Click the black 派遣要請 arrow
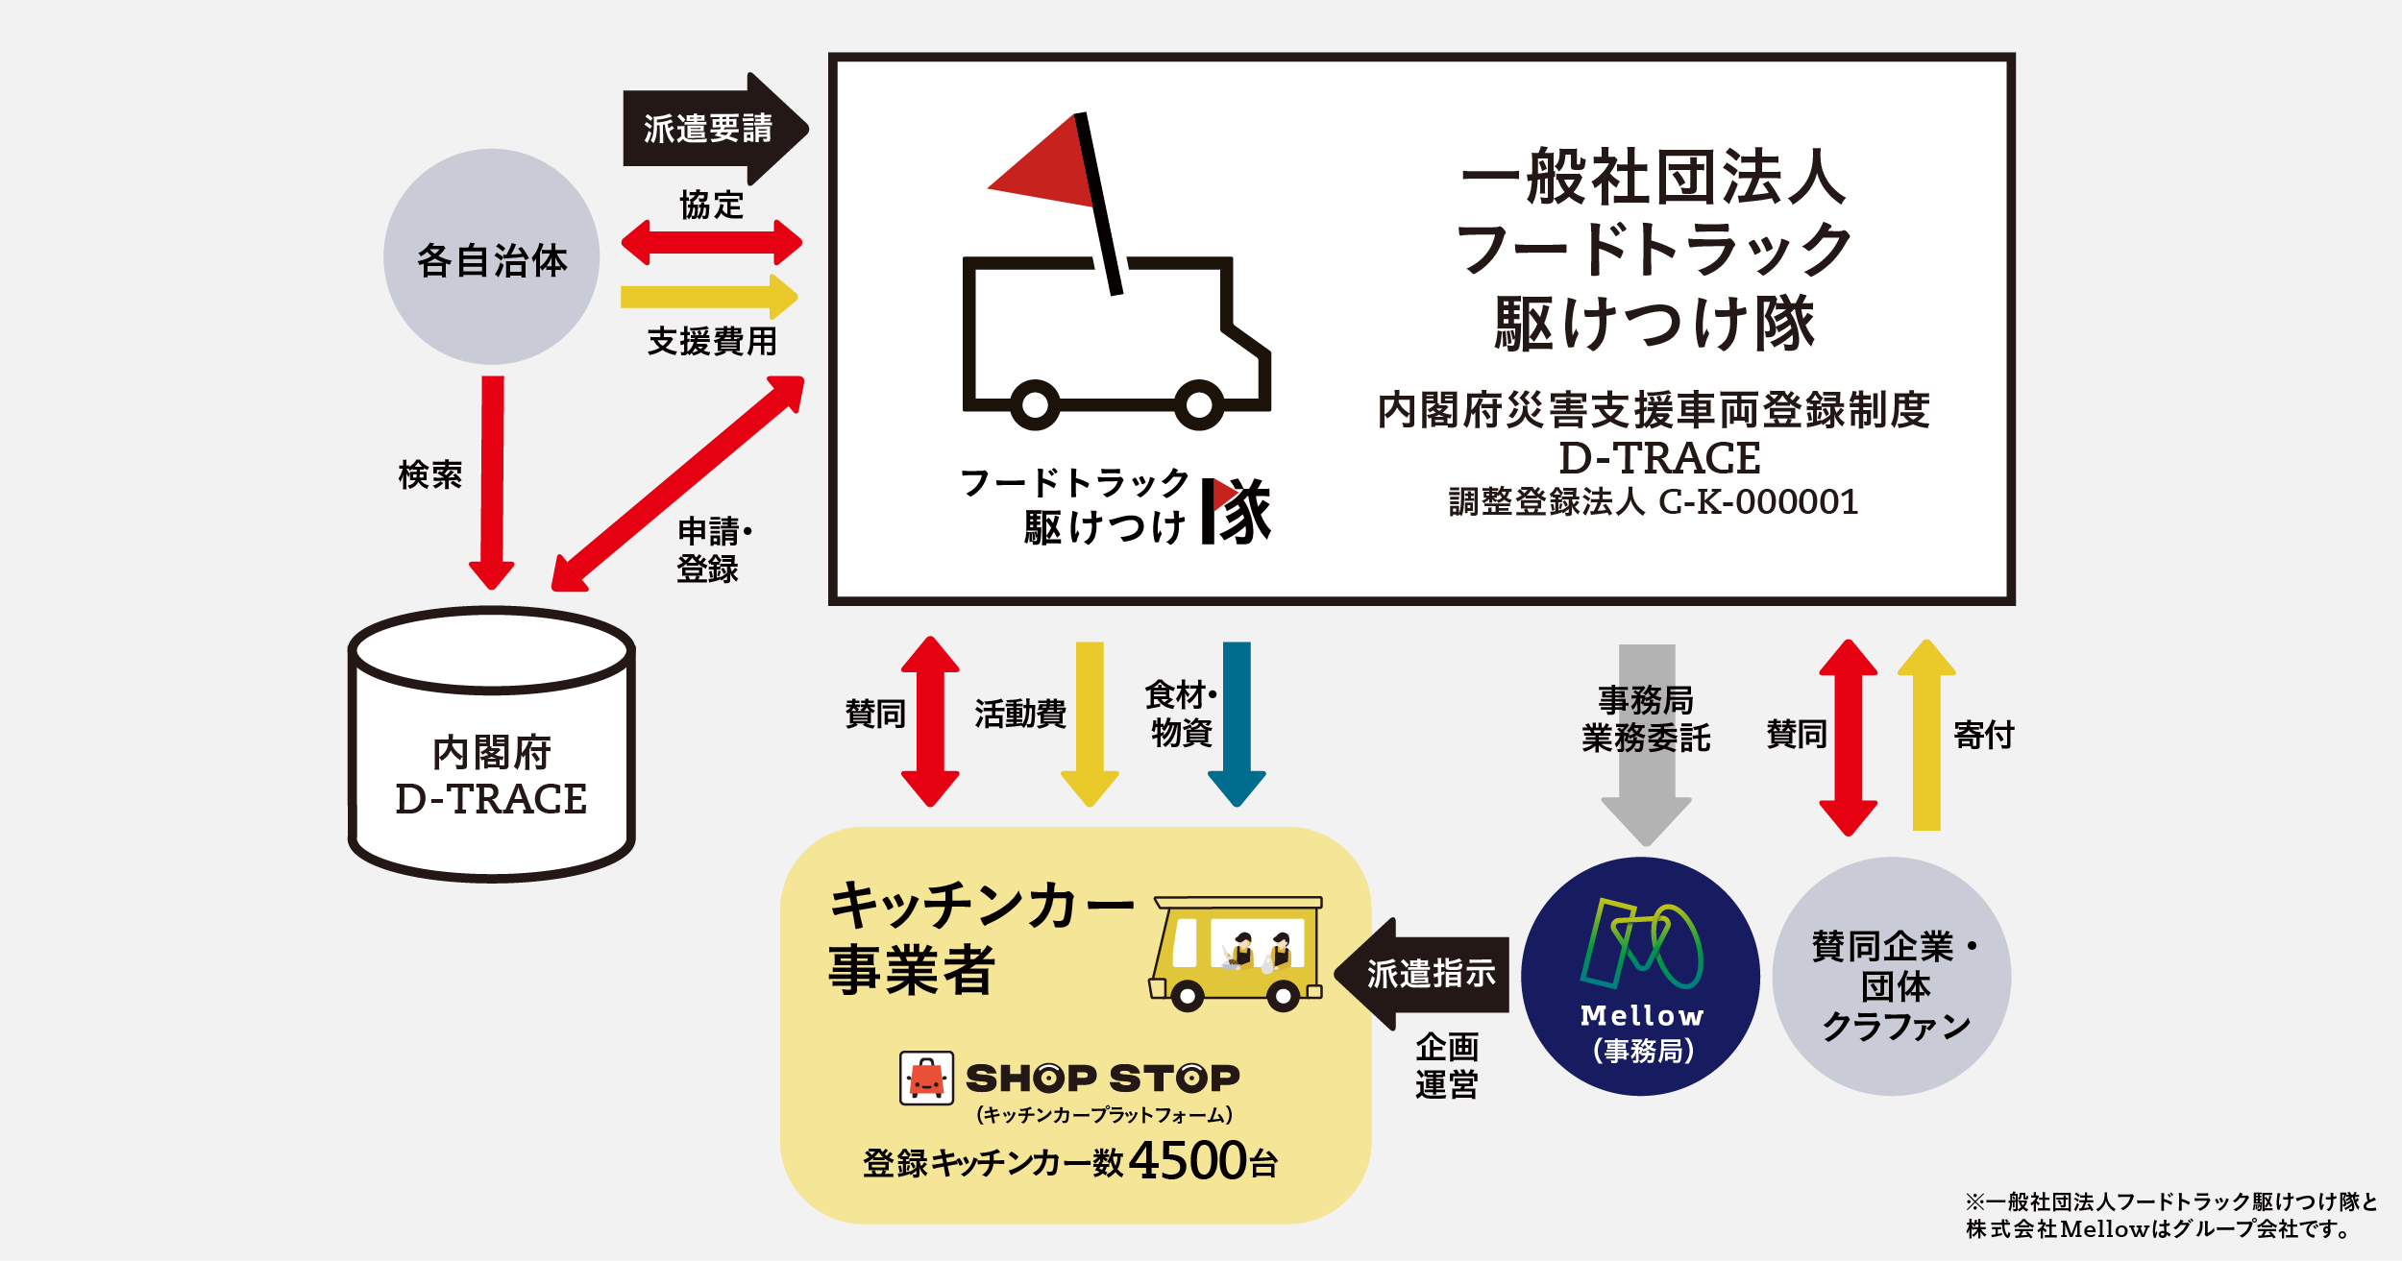click(715, 129)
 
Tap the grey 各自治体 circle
click(492, 256)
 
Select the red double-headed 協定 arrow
click(712, 242)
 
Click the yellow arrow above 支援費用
click(709, 297)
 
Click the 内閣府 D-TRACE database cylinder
click(491, 744)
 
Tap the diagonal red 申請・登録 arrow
click(678, 483)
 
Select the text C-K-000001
click(1759, 501)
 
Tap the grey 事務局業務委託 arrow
click(1647, 745)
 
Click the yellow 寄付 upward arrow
click(1926, 735)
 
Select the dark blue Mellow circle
click(1641, 976)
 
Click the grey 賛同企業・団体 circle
click(1892, 976)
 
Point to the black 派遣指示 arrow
click(1422, 974)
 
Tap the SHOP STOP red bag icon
click(926, 1078)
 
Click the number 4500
click(1189, 1161)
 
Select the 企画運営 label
click(1446, 1065)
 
